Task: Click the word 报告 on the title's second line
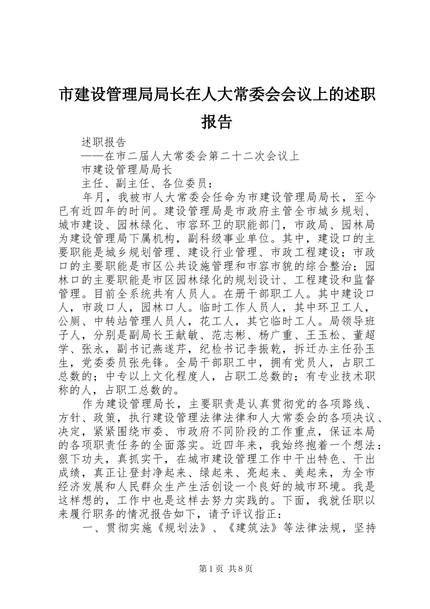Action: (x=216, y=121)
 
